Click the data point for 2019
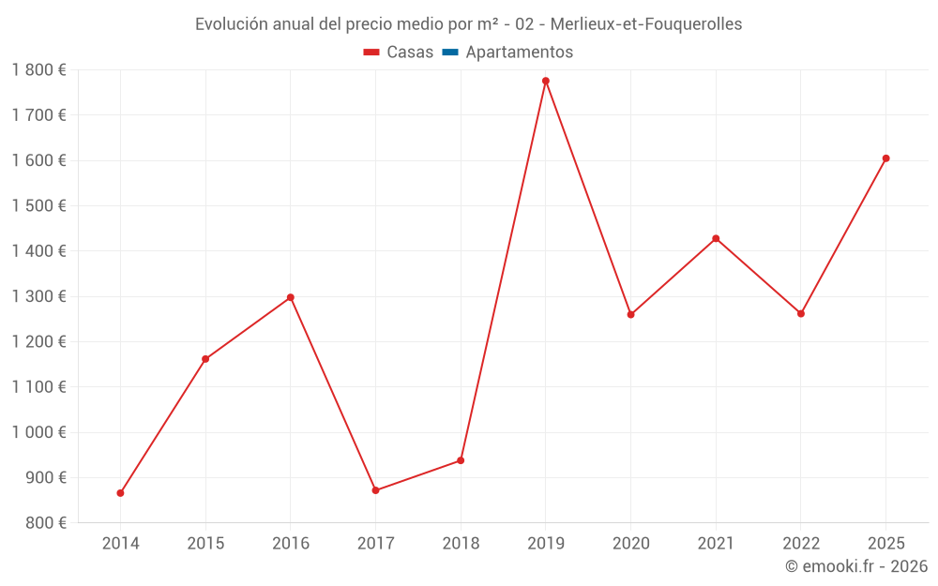pos(546,81)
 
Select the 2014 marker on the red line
pos(120,493)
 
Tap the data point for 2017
pos(375,490)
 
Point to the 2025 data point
pos(885,158)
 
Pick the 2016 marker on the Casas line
pos(291,297)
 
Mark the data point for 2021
pos(716,238)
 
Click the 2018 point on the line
pos(461,460)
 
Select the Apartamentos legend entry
pos(519,53)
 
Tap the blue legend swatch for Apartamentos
pos(449,53)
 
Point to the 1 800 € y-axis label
pos(38,69)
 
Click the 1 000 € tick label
pos(38,432)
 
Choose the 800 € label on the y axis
pos(44,523)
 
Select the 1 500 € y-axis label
pos(38,205)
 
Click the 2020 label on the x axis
pos(630,544)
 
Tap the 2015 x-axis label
pos(205,544)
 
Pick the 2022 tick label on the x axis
pos(800,544)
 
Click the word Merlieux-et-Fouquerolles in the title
pos(646,24)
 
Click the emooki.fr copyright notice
pos(856,566)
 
